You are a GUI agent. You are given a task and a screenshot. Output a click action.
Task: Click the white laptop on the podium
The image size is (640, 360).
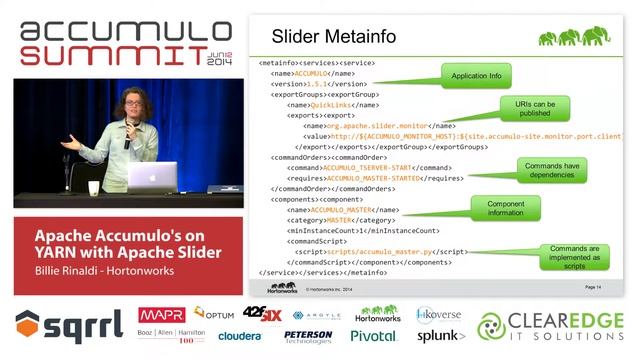click(x=152, y=177)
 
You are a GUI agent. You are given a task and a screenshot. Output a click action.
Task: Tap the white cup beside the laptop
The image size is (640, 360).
click(x=94, y=187)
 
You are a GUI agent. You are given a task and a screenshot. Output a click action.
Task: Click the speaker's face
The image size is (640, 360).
click(x=132, y=103)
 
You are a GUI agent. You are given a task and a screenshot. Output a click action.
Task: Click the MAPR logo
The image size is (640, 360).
click(x=160, y=315)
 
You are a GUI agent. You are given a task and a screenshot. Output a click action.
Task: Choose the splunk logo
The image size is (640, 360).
click(x=438, y=336)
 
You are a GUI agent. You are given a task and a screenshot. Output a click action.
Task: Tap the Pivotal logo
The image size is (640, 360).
click(x=373, y=336)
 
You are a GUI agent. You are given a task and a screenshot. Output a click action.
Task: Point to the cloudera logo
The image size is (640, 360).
click(x=240, y=337)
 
